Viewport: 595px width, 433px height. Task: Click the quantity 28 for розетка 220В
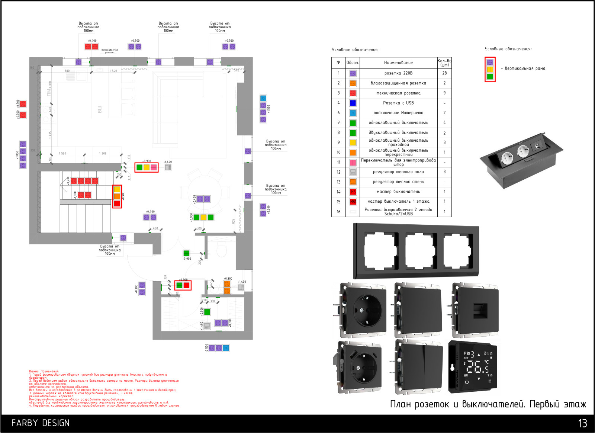click(444, 73)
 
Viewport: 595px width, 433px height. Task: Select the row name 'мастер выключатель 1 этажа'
click(398, 202)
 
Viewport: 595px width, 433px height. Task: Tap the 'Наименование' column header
click(398, 62)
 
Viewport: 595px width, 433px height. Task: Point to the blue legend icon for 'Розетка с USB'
click(353, 103)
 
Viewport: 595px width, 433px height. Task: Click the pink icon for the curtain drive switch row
click(353, 163)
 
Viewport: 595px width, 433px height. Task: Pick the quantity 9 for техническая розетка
click(444, 93)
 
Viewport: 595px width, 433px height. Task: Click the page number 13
click(582, 423)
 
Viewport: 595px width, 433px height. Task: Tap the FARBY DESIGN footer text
click(40, 423)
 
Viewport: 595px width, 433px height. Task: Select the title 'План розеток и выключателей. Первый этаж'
click(488, 404)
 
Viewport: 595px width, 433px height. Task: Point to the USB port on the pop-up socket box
click(537, 146)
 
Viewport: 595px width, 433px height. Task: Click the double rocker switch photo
click(419, 366)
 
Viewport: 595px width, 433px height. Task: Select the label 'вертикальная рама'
click(525, 69)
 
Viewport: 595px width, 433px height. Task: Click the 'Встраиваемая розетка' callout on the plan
click(110, 51)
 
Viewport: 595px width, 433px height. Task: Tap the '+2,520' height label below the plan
click(207, 348)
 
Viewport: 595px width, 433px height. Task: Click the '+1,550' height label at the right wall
click(269, 109)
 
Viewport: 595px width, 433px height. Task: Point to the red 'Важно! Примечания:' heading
click(44, 371)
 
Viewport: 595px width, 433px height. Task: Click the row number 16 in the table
click(338, 212)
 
